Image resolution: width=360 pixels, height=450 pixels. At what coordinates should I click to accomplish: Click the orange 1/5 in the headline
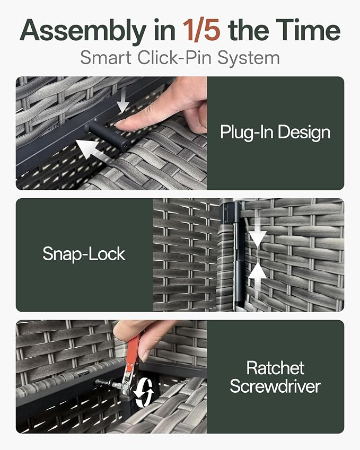coord(201,30)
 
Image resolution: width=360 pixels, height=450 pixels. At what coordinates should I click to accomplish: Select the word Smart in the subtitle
coord(106,57)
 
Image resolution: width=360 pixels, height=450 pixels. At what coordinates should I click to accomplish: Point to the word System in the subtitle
coord(248,58)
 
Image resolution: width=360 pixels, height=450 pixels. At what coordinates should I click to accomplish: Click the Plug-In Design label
coord(275,132)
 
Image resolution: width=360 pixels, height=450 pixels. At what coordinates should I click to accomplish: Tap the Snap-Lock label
coord(84,254)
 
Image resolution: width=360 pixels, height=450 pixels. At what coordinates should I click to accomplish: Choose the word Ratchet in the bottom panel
coord(275,368)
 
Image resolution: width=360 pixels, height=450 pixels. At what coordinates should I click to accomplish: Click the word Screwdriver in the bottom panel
coord(275,386)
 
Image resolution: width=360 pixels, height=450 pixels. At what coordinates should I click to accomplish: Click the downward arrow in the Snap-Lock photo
coord(257,231)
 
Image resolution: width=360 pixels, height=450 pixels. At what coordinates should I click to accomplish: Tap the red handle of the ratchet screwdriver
coord(133,351)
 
